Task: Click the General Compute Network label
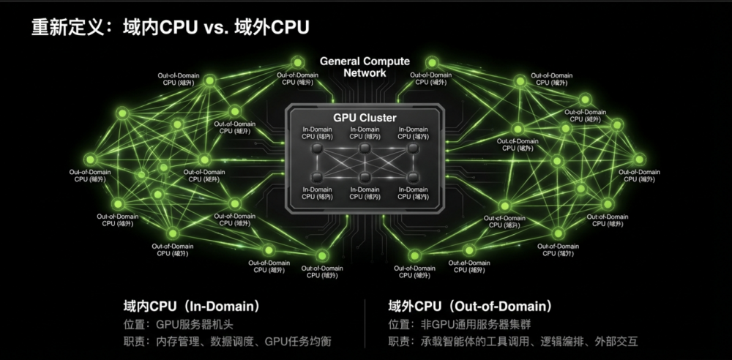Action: click(x=365, y=67)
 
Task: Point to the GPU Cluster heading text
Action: click(x=365, y=118)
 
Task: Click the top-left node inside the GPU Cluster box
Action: click(x=318, y=149)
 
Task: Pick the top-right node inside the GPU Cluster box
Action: click(x=413, y=149)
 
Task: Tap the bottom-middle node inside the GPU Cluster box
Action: click(x=365, y=178)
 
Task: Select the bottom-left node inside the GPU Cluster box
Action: click(x=318, y=178)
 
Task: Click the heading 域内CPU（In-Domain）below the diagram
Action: click(x=192, y=306)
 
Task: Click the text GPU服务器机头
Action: click(x=194, y=324)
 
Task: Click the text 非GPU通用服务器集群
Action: click(x=476, y=324)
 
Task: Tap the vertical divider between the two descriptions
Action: click(x=365, y=323)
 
